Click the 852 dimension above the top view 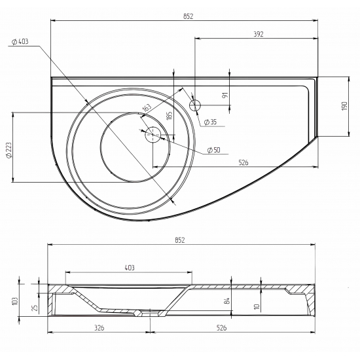tap(189, 16)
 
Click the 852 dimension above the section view tap(180, 240)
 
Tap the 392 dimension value tap(259, 34)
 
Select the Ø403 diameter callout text tap(20, 41)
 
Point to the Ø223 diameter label tap(9, 150)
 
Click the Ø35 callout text tap(211, 122)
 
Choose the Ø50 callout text tap(213, 150)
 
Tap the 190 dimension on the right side tap(345, 106)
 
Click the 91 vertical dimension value tap(226, 95)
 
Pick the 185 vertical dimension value tap(169, 115)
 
